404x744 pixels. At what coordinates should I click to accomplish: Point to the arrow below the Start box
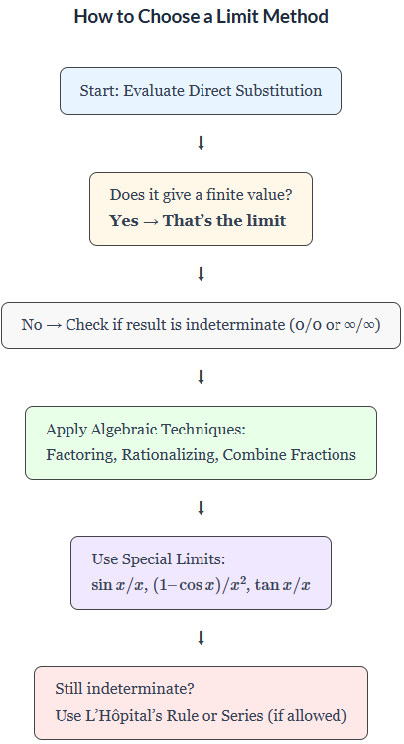(x=201, y=143)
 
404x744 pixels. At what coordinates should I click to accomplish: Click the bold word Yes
(x=124, y=220)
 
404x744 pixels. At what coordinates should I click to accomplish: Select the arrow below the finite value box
(x=201, y=274)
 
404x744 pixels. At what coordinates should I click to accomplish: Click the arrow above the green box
(x=201, y=377)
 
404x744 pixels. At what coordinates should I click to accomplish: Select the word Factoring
(x=79, y=455)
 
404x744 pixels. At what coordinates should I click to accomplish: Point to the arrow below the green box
(x=201, y=508)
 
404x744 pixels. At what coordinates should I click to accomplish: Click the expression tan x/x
(x=283, y=585)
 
